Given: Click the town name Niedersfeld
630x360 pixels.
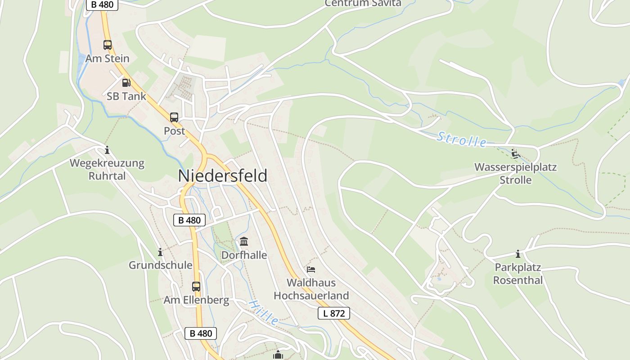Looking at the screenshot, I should (223, 175).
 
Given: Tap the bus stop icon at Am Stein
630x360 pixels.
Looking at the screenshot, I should (108, 45).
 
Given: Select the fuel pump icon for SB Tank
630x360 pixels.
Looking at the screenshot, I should (126, 82).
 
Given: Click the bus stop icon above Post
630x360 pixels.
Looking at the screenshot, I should (174, 117).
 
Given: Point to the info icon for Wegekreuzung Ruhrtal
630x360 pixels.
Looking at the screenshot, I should (107, 150).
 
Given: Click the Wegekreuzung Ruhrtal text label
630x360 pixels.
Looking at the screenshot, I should (107, 169).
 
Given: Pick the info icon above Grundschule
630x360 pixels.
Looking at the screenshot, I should (160, 252).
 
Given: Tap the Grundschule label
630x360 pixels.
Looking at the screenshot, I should (161, 265).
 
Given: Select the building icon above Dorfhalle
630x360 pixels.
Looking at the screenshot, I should (244, 242).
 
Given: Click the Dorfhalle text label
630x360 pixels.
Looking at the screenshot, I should (244, 255).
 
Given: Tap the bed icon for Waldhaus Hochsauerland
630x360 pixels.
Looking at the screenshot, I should (311, 270).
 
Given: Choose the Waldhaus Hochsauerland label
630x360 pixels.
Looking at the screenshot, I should (311, 289).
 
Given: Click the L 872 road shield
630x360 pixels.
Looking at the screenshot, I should (333, 313).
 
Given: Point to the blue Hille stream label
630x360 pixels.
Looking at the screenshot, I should (263, 312).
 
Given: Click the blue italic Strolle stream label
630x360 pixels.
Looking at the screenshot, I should (461, 139).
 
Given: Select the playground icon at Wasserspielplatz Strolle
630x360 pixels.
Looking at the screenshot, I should (516, 154).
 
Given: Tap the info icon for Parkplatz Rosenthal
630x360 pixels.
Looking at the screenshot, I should (518, 254).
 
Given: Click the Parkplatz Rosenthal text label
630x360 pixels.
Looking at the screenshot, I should (518, 274).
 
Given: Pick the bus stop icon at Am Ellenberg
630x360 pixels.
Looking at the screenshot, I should (196, 287).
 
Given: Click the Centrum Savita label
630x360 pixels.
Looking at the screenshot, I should (363, 4).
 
